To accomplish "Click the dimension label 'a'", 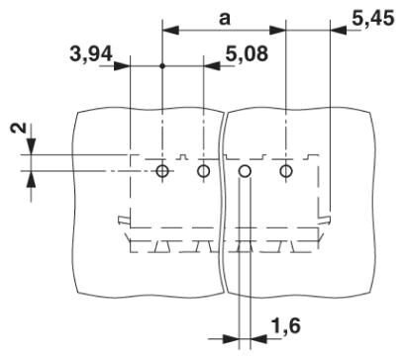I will click(225, 17).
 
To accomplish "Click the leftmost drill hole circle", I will click(162, 172).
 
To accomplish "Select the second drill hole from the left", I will click(204, 172).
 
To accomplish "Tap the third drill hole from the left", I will click(246, 172).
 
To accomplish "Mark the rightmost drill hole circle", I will click(286, 172).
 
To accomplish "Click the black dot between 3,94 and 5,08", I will click(162, 66).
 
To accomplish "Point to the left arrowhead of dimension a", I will click(169, 31).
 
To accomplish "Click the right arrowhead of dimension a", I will click(279, 31).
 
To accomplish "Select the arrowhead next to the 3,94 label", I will click(123, 66).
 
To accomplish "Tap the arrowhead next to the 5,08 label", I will click(211, 66).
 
